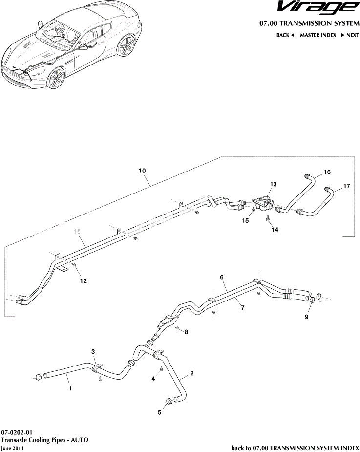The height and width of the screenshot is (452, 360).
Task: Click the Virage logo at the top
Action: click(x=318, y=8)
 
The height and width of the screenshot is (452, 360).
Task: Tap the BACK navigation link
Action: click(x=285, y=35)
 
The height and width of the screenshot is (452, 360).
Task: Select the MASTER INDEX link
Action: click(x=318, y=35)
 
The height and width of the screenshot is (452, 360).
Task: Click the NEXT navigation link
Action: click(x=350, y=35)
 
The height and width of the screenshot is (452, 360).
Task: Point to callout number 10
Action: click(x=142, y=171)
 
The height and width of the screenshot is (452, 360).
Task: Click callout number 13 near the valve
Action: click(x=273, y=184)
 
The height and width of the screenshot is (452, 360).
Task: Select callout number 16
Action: click(x=327, y=172)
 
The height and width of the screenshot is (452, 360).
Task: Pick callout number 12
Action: click(x=84, y=280)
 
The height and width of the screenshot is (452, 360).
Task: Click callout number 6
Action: click(x=222, y=277)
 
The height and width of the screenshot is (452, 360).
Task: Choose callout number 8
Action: click(x=186, y=332)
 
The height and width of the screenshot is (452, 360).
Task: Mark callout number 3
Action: click(x=94, y=352)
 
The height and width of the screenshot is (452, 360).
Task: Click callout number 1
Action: click(x=70, y=389)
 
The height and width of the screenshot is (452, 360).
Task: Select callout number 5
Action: click(x=159, y=412)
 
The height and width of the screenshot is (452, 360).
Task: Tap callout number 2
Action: click(x=192, y=374)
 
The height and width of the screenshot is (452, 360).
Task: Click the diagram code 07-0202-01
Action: click(x=17, y=432)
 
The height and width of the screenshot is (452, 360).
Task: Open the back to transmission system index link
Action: click(x=295, y=448)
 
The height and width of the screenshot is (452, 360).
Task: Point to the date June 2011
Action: click(x=12, y=448)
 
